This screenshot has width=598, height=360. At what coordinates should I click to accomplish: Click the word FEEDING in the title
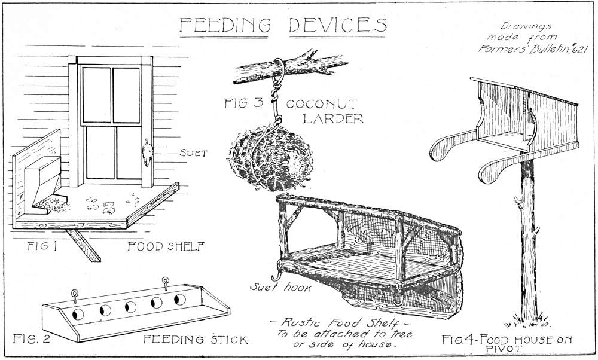pos(226,25)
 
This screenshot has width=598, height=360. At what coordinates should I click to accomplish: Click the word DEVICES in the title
pos(338,25)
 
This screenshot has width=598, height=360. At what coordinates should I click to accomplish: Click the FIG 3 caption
pos(243,103)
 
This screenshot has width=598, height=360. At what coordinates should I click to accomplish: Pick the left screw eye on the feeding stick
pos(75,293)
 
